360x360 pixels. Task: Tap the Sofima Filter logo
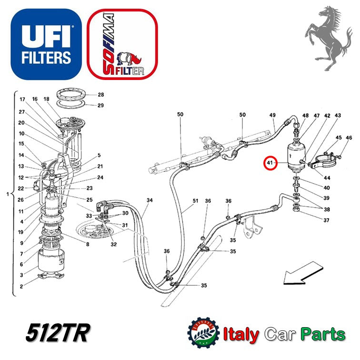(x=122, y=44)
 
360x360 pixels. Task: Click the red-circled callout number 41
(x=271, y=164)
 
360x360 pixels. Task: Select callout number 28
(x=100, y=95)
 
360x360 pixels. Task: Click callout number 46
(x=349, y=138)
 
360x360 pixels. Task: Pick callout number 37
(x=326, y=220)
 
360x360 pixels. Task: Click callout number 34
(x=150, y=201)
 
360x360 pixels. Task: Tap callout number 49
(x=273, y=116)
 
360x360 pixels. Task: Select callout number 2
(x=21, y=286)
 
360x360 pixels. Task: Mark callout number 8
(x=88, y=245)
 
